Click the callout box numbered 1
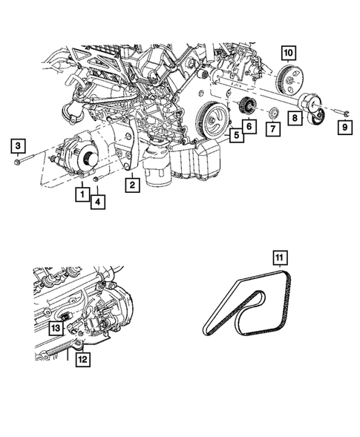(82, 194)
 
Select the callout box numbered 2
(132, 185)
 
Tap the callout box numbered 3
(18, 145)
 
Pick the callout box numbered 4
(97, 202)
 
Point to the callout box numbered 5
(237, 136)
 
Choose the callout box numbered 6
(249, 127)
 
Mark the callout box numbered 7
(273, 129)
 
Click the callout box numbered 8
(295, 118)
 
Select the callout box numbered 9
(345, 128)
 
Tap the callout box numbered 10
(289, 53)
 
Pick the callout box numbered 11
(280, 258)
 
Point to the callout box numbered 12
(83, 360)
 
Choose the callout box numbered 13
(56, 328)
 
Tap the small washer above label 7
(273, 114)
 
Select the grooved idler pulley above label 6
(246, 105)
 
